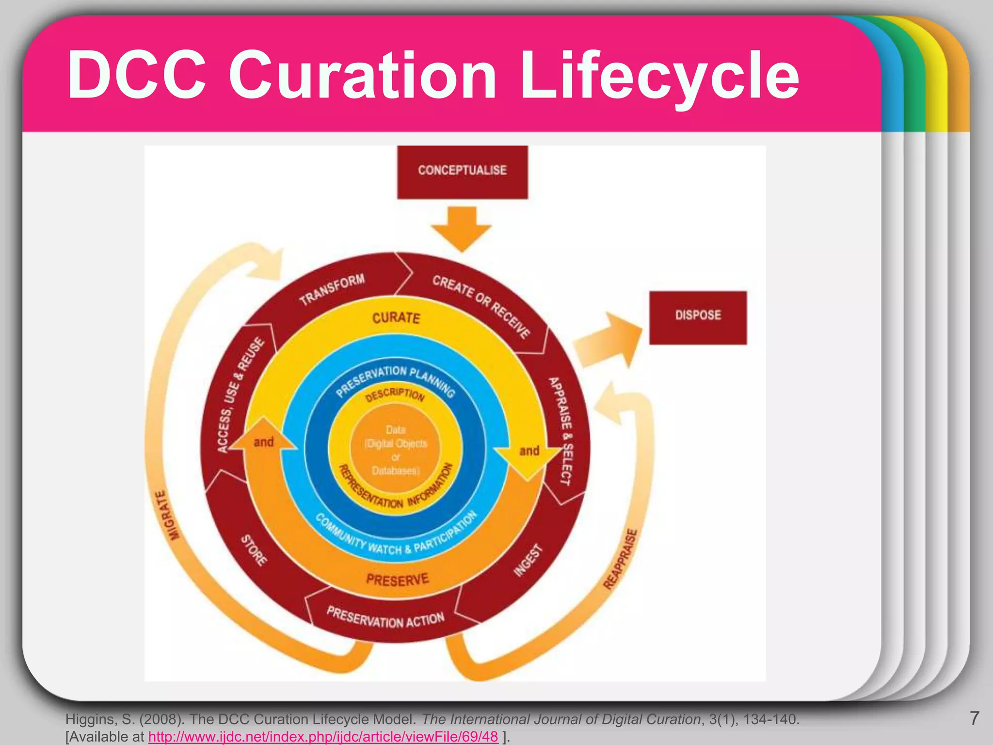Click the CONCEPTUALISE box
pos(462,172)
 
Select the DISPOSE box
pos(698,317)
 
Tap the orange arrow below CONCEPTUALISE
pos(462,228)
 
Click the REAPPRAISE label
pos(621,559)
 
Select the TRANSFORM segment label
pos(332,289)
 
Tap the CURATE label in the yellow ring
pos(396,318)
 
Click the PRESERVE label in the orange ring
pos(398,579)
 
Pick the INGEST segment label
pos(528,561)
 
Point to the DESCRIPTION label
pos(395,395)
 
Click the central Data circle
pos(396,450)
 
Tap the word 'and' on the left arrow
pos(263,442)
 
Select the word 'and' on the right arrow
pos(529,451)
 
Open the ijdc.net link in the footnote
pos(323,737)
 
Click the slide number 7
pos(975,718)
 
